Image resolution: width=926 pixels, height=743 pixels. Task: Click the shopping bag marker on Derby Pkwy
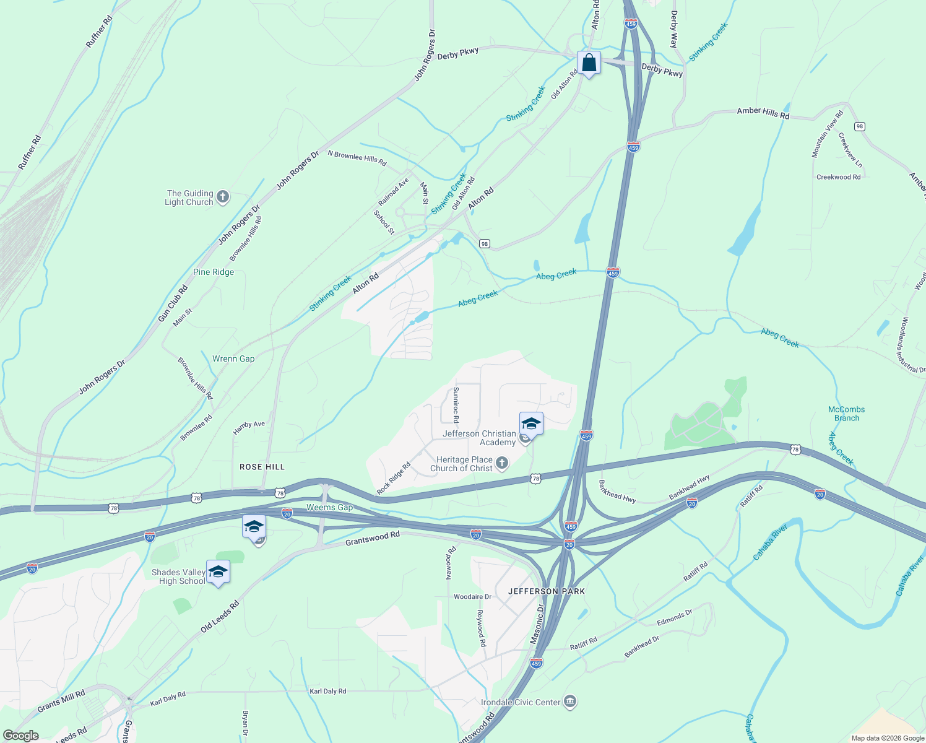[x=589, y=63]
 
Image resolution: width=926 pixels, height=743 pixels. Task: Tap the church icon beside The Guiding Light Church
[x=223, y=198]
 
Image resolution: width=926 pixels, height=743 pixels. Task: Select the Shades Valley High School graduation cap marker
[x=217, y=571]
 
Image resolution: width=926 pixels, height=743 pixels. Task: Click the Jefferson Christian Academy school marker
[x=531, y=425]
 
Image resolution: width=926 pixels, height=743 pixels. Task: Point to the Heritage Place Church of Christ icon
[x=502, y=463]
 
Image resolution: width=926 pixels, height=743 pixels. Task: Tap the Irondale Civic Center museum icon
[x=570, y=702]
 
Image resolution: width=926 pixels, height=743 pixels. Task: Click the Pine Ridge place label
[x=214, y=272]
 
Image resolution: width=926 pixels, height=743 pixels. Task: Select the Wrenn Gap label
[x=233, y=358]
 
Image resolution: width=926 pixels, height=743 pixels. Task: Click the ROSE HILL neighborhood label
[x=262, y=467]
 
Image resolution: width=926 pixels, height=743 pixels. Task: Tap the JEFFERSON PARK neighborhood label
[x=547, y=591]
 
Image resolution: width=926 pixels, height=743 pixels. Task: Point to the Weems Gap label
[x=329, y=508]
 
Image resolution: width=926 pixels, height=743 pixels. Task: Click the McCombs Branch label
[x=846, y=414]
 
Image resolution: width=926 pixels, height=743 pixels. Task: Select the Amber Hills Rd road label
[x=763, y=113]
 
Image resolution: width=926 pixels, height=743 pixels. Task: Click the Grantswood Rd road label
[x=373, y=539]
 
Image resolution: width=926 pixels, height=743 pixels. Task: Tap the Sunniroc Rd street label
[x=456, y=401]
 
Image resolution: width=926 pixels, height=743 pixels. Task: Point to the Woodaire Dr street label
[x=472, y=597]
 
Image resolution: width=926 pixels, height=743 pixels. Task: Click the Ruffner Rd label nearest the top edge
[x=100, y=32]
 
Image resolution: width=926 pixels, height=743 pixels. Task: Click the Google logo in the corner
[x=20, y=735]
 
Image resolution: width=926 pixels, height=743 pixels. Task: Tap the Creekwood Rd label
[x=838, y=177]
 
